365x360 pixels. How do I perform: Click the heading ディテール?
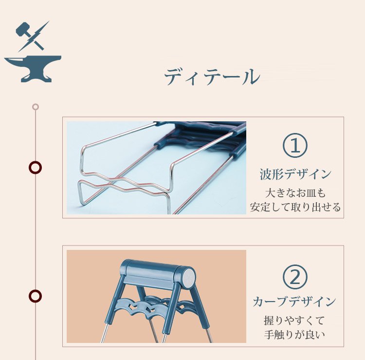click(212, 76)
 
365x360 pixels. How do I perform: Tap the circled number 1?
click(295, 145)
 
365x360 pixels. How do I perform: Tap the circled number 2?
click(295, 277)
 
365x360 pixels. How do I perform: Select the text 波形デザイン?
click(295, 174)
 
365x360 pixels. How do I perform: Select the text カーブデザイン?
click(294, 302)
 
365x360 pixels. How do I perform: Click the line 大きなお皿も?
click(295, 193)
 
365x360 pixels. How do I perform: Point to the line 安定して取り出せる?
click(295, 207)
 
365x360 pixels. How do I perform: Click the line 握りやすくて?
click(294, 321)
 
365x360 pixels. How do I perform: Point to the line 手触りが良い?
click(294, 335)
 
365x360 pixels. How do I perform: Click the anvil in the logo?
click(33, 69)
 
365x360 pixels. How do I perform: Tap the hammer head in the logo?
click(22, 29)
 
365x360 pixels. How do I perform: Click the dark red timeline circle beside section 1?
click(35, 168)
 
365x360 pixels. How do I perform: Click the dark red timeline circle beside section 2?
click(35, 296)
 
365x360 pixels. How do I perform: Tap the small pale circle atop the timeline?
click(36, 107)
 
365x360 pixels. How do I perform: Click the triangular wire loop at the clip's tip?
click(89, 191)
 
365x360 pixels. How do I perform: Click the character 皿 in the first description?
click(310, 193)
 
